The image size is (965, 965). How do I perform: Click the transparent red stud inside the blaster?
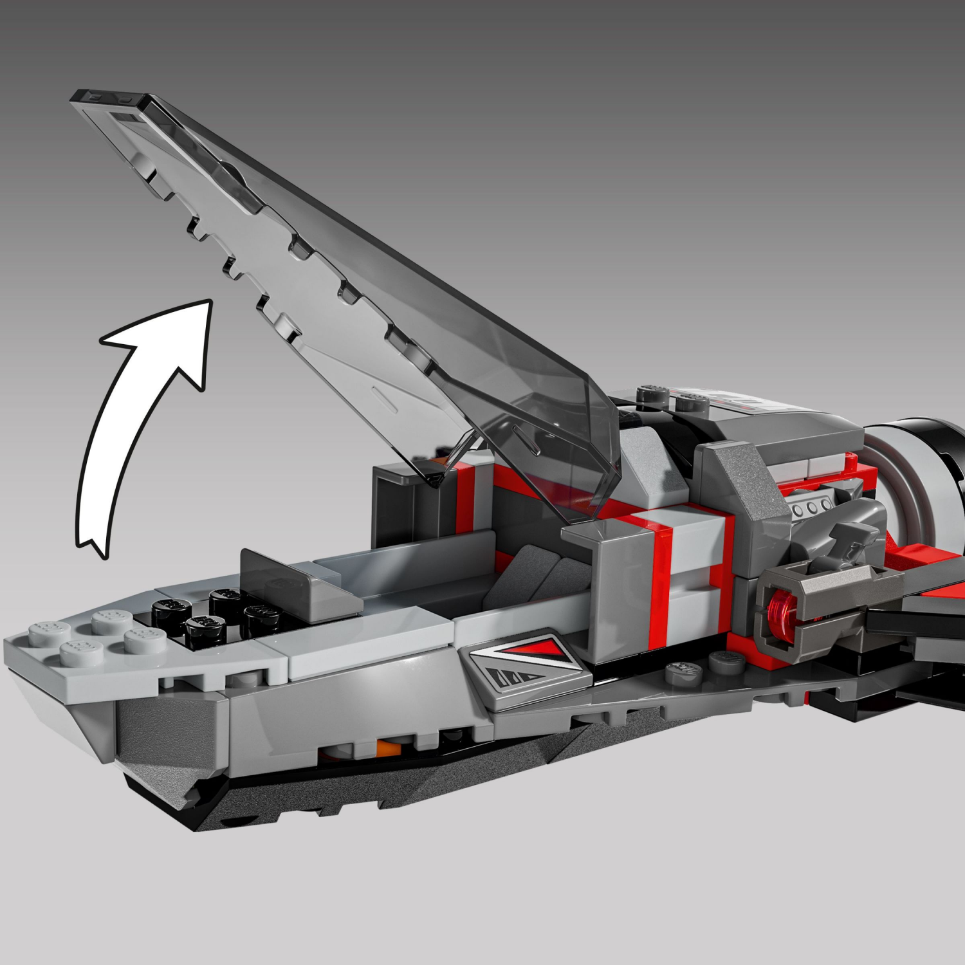[x=780, y=609]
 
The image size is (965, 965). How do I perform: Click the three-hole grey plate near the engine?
[x=813, y=506]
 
